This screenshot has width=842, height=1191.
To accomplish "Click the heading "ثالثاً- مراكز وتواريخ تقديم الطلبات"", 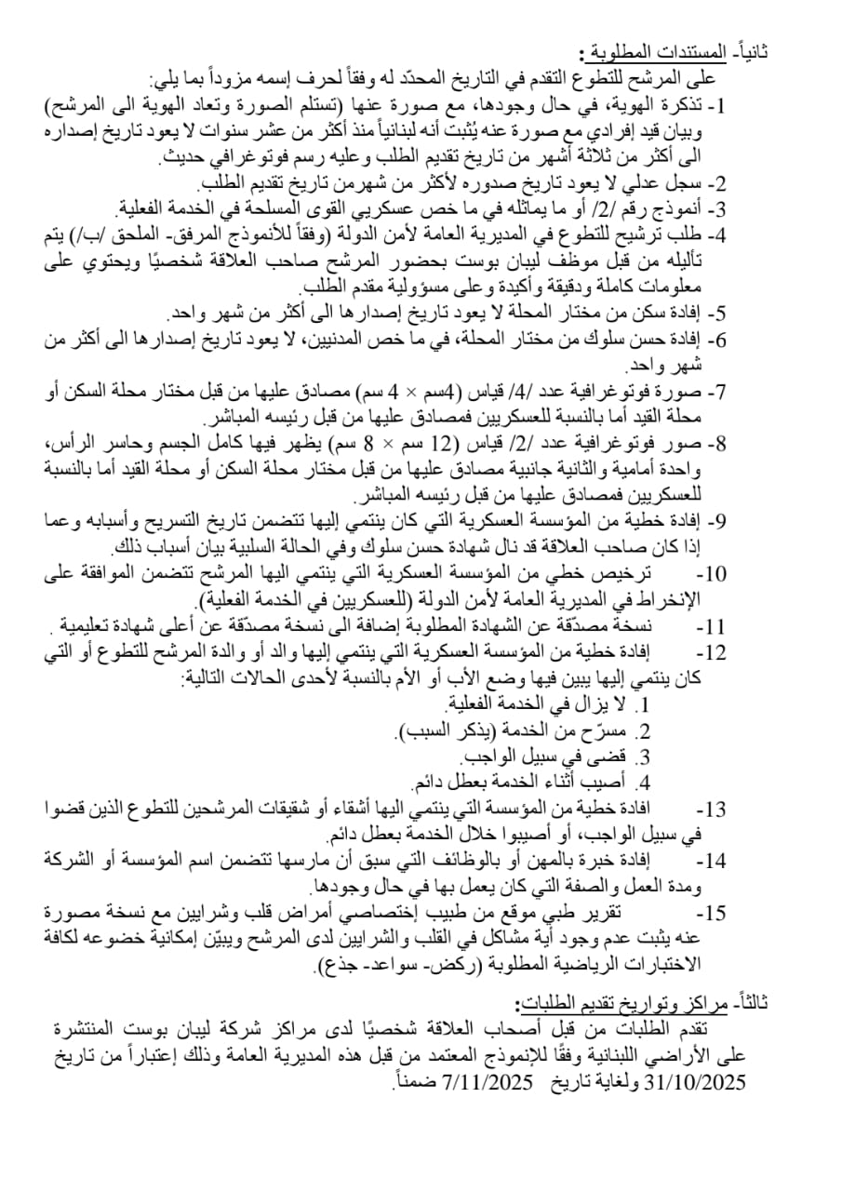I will pos(638,1002).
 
